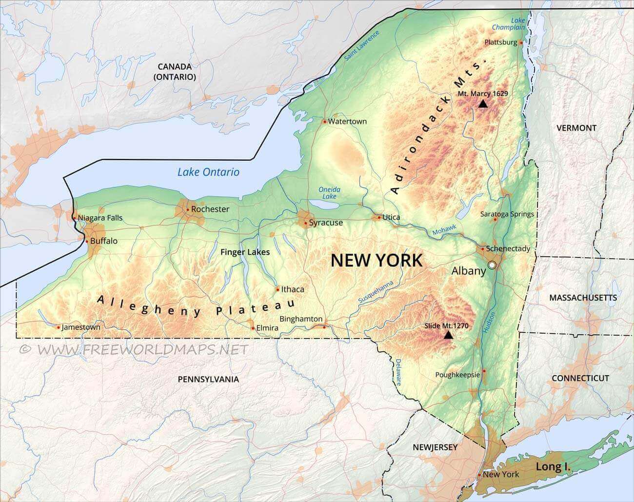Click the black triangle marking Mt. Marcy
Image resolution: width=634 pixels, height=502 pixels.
click(483, 103)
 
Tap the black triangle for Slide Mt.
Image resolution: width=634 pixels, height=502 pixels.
click(448, 335)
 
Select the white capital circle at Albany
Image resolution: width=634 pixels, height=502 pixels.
click(492, 265)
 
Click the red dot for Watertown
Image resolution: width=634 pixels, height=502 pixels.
click(325, 121)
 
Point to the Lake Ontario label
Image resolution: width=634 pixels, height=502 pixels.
click(208, 172)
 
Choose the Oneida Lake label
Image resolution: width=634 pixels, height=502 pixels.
click(329, 193)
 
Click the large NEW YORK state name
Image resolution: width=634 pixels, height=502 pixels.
click(376, 261)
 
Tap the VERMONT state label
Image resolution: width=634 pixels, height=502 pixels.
click(576, 128)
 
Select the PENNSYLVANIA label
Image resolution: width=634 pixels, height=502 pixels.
click(208, 379)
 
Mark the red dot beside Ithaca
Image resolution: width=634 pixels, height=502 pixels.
click(277, 289)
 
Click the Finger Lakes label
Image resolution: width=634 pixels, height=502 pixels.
click(245, 252)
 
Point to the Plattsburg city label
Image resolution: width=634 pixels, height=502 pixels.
click(500, 42)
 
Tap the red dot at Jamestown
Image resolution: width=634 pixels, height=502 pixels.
click(59, 327)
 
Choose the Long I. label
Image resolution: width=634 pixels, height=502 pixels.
click(553, 467)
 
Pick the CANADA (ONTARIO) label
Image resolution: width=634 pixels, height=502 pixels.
click(174, 72)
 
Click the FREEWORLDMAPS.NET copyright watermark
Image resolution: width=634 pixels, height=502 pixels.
click(134, 349)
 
